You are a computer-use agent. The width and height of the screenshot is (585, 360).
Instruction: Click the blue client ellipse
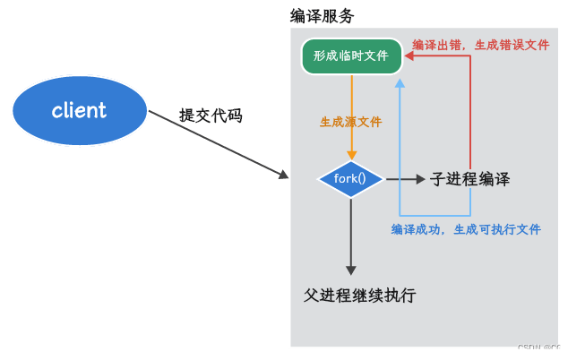pos(80,110)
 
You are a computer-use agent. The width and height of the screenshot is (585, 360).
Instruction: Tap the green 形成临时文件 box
pos(351,56)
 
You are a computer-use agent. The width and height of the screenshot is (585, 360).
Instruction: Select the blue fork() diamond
pos(350,179)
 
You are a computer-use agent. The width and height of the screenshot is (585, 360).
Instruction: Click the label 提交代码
pos(211,116)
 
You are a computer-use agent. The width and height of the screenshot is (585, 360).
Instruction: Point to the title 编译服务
pos(322,16)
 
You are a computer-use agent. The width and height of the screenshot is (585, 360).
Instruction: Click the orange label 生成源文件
pos(351,122)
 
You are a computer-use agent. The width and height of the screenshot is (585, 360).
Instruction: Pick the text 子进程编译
pos(470,179)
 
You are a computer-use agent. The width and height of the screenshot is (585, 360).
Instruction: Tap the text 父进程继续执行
pos(360,296)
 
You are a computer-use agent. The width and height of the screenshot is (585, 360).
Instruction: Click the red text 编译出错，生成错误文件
pos(481,45)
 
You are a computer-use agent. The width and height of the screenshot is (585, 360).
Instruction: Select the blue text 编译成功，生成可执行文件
pos(466,229)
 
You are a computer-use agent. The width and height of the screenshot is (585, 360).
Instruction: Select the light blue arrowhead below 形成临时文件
pos(400,81)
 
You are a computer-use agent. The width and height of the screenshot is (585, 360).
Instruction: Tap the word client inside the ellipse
pos(79,110)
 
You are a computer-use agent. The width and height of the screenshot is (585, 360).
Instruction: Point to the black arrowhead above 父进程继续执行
pos(351,270)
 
